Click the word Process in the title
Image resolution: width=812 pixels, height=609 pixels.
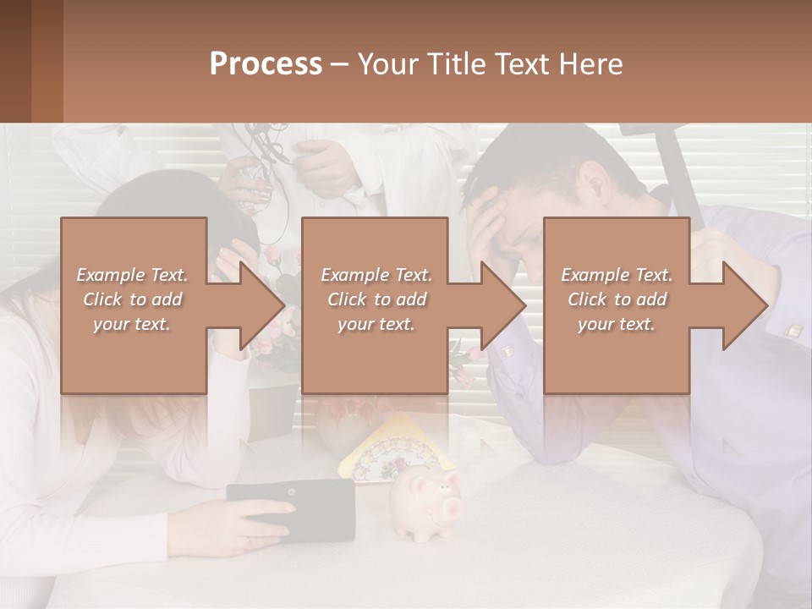click(266, 64)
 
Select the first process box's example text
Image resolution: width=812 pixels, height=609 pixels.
click(133, 299)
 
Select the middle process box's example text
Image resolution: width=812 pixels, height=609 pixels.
click(376, 299)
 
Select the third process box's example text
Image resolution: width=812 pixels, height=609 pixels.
click(617, 299)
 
